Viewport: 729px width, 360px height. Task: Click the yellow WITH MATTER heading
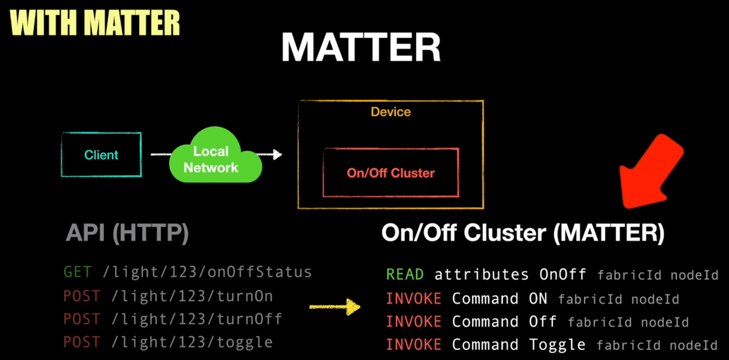pyautogui.click(x=95, y=23)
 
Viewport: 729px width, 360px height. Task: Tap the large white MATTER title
pyautogui.click(x=361, y=47)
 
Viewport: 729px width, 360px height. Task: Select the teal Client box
pyautogui.click(x=101, y=155)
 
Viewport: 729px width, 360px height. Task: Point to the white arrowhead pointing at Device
pyautogui.click(x=277, y=154)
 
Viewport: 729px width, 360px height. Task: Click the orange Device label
pyautogui.click(x=390, y=112)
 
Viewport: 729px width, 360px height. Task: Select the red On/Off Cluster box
pyautogui.click(x=390, y=173)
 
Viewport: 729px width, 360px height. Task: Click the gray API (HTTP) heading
pyautogui.click(x=127, y=233)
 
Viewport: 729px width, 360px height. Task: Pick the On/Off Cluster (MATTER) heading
pyautogui.click(x=523, y=233)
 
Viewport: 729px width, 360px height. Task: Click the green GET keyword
pyautogui.click(x=77, y=272)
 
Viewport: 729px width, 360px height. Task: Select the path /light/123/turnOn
pyautogui.click(x=192, y=296)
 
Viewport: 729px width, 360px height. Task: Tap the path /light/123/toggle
pyautogui.click(x=192, y=342)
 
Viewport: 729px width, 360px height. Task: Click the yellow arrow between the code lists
pyautogui.click(x=335, y=307)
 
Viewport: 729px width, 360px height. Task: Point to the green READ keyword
pyautogui.click(x=405, y=275)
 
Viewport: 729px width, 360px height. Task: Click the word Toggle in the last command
pyautogui.click(x=557, y=345)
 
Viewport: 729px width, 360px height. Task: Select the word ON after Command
pyautogui.click(x=538, y=299)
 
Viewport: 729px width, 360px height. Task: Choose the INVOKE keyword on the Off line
pyautogui.click(x=413, y=322)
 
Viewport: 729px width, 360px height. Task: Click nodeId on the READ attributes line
pyautogui.click(x=694, y=275)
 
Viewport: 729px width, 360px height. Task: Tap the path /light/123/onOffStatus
pyautogui.click(x=207, y=272)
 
